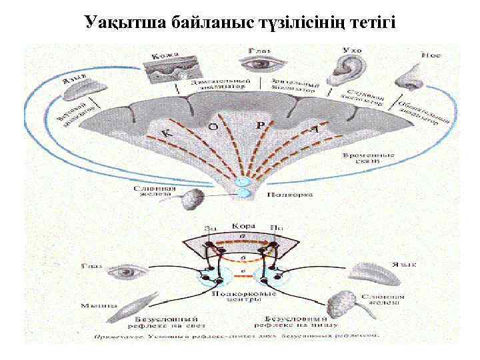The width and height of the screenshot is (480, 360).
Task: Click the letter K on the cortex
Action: [x=167, y=135]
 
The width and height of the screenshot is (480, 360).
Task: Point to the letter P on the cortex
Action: [x=261, y=124]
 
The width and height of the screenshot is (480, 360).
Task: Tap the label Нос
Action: [x=431, y=55]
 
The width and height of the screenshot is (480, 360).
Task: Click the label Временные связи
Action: [x=369, y=159]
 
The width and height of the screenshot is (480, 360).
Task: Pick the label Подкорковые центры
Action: [x=239, y=297]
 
